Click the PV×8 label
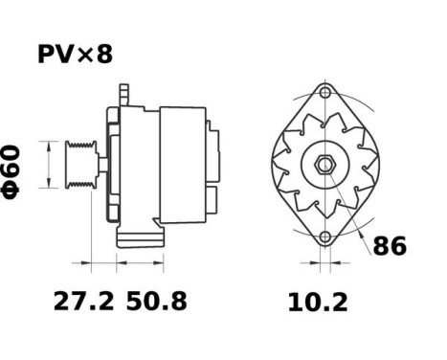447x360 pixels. tap(75, 54)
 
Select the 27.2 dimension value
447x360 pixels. tap(83, 302)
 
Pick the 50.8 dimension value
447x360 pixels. tap(157, 302)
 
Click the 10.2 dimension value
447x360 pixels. tap(318, 303)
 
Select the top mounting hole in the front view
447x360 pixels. tap(325, 94)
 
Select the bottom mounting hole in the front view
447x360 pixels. tap(325, 237)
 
